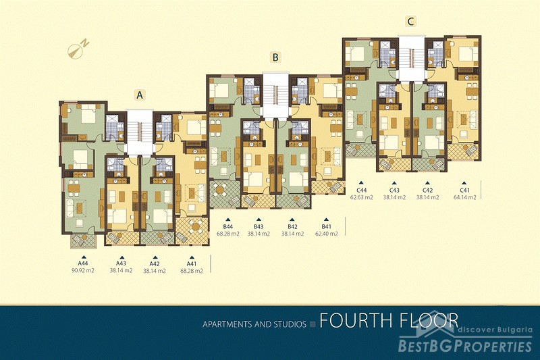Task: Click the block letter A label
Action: [x=140, y=95]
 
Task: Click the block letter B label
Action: [x=275, y=57]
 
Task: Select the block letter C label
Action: [x=410, y=22]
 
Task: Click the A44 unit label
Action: [x=82, y=263]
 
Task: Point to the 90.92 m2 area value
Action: [x=82, y=270]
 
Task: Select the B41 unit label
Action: [x=326, y=227]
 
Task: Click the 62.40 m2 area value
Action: [x=326, y=234]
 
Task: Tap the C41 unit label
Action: [x=464, y=190]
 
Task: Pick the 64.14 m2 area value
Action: [x=464, y=197]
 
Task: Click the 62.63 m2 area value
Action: [x=362, y=197]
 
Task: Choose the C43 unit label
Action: [x=394, y=190]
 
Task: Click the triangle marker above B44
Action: [x=227, y=220]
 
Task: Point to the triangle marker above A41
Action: [x=192, y=257]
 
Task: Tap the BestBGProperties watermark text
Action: [x=465, y=346]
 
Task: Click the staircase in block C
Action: [x=411, y=55]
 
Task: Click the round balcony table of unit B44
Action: [x=220, y=189]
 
